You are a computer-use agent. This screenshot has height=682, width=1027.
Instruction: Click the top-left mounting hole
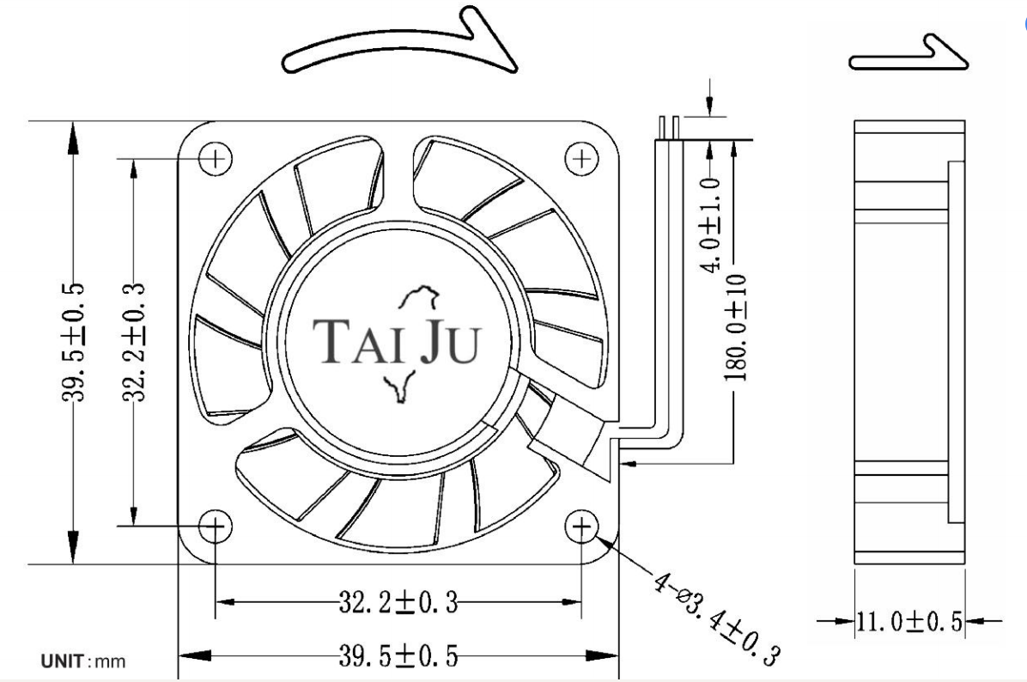point(216,158)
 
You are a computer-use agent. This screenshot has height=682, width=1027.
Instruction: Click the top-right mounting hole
point(581,158)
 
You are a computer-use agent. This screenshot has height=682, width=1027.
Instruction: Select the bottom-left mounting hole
point(216,526)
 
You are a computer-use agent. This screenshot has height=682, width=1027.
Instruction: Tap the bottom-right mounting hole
point(581,526)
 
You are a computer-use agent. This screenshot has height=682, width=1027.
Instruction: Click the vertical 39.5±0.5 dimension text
point(73,342)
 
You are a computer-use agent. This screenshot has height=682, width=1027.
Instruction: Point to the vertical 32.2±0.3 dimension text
point(134,342)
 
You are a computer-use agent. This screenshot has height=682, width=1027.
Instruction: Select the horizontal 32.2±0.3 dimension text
point(398,601)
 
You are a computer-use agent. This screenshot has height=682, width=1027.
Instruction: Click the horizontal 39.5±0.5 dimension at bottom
point(398,655)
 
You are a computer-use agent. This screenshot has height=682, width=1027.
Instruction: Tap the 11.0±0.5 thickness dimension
point(910,620)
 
